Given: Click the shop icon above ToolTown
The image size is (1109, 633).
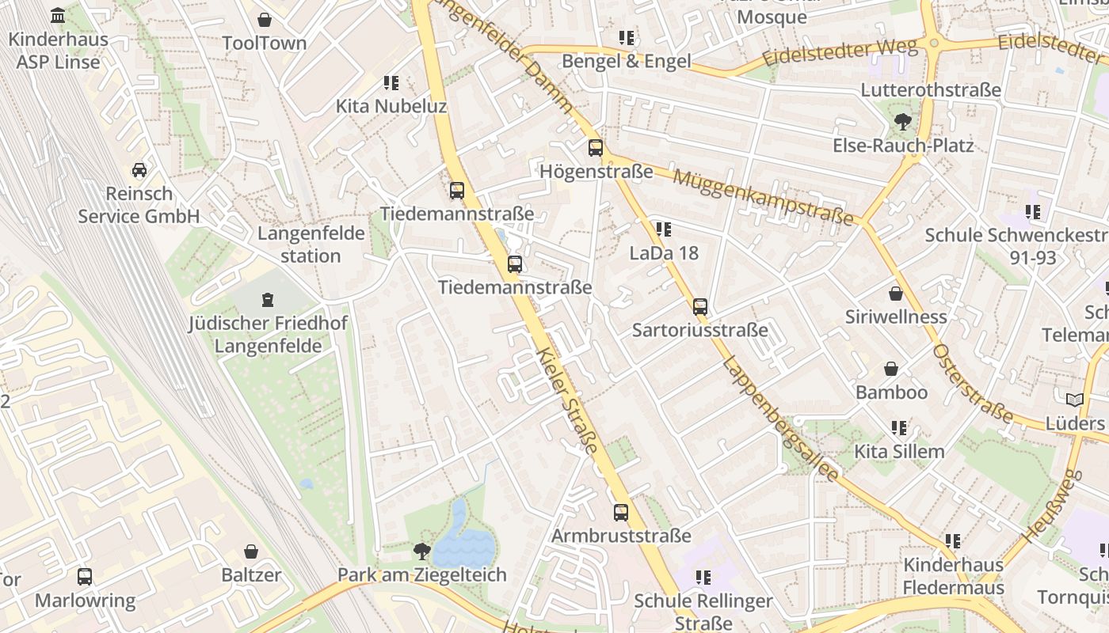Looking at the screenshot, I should click(265, 20).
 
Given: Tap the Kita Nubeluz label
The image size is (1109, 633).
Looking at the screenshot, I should click(391, 106).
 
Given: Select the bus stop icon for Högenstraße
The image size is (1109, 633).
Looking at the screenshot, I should click(595, 148).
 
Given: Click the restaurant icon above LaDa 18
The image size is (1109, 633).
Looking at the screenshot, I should click(664, 230).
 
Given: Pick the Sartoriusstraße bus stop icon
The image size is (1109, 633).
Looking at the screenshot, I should click(700, 307).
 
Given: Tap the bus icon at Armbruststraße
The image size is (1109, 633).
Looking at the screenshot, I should click(621, 513).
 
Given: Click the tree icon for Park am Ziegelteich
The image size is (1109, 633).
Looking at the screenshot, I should click(422, 552).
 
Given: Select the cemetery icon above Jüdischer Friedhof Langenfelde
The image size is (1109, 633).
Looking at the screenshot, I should click(268, 300).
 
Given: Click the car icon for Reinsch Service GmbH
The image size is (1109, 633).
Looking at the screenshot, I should click(139, 170).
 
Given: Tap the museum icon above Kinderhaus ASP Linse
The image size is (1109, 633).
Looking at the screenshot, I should click(58, 16).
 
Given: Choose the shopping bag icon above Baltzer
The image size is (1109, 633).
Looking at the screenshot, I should click(251, 552).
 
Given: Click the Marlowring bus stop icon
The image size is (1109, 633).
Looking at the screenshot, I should click(85, 577).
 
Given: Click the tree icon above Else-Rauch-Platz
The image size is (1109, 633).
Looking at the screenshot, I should click(902, 122).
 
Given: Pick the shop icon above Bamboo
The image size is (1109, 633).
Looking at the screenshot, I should click(891, 370).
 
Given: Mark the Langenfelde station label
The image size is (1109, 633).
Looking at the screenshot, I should click(311, 244).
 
